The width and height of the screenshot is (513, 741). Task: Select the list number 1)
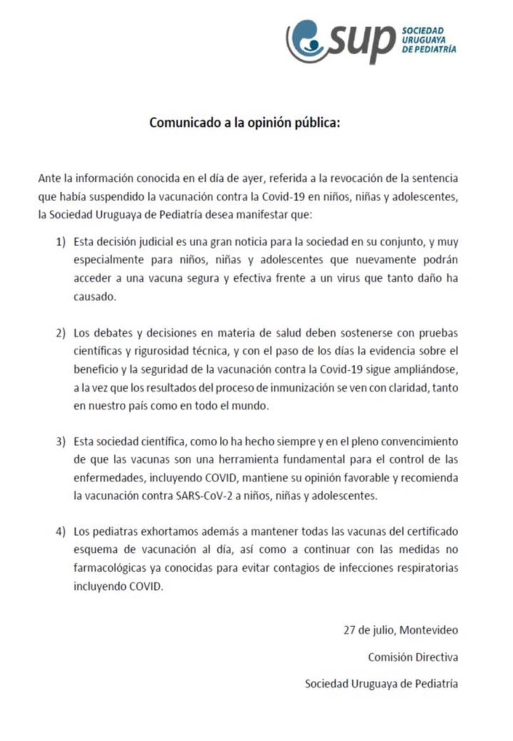click(61, 242)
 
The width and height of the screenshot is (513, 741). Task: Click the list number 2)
click(61, 333)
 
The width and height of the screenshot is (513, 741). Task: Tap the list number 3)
click(61, 441)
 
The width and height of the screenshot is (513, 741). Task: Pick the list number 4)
click(61, 531)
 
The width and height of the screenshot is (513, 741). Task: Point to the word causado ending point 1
click(94, 297)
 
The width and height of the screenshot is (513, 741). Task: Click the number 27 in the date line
click(349, 630)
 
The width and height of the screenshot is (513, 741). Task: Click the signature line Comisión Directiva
click(413, 657)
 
